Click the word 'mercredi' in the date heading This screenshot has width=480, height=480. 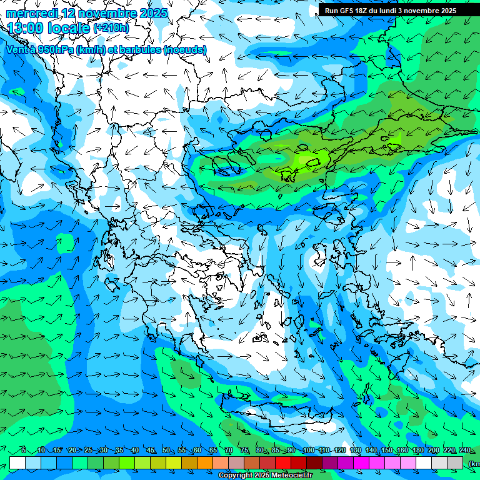(31, 13)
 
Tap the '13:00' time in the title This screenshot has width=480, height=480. (26, 28)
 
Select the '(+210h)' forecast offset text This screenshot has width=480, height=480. (111, 28)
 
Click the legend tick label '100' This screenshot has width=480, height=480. (308, 450)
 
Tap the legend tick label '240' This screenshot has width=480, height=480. (465, 450)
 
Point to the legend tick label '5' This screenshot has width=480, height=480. (24, 450)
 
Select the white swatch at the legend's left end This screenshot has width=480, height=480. (17, 462)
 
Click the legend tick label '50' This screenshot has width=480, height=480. (166, 450)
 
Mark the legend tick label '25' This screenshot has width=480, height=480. (88, 450)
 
